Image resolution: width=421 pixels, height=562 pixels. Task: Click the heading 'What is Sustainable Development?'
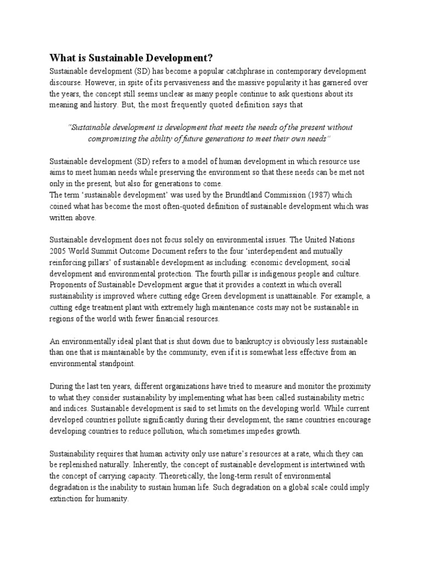pyautogui.click(x=131, y=58)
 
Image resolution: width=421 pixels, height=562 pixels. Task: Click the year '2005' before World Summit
pyautogui.click(x=58, y=251)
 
